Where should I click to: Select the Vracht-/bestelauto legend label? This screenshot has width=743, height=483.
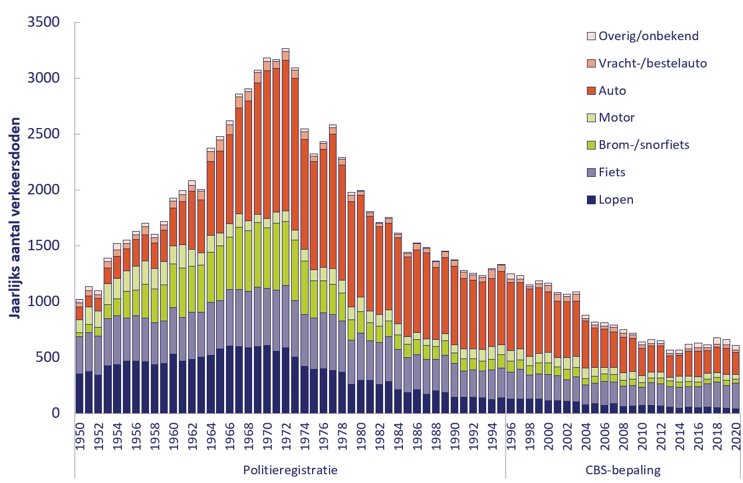pos(653,63)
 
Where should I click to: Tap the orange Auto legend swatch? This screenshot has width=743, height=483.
pos(591,91)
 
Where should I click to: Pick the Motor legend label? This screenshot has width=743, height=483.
pos(617,118)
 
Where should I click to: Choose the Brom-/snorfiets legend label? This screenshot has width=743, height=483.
pos(644,145)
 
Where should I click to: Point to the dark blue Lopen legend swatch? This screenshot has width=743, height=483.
pos(591,200)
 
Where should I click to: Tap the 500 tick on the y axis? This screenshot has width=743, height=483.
pos(49,357)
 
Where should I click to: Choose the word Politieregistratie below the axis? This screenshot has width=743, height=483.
pos(289,470)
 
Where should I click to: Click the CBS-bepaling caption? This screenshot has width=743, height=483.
pos(622,470)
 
